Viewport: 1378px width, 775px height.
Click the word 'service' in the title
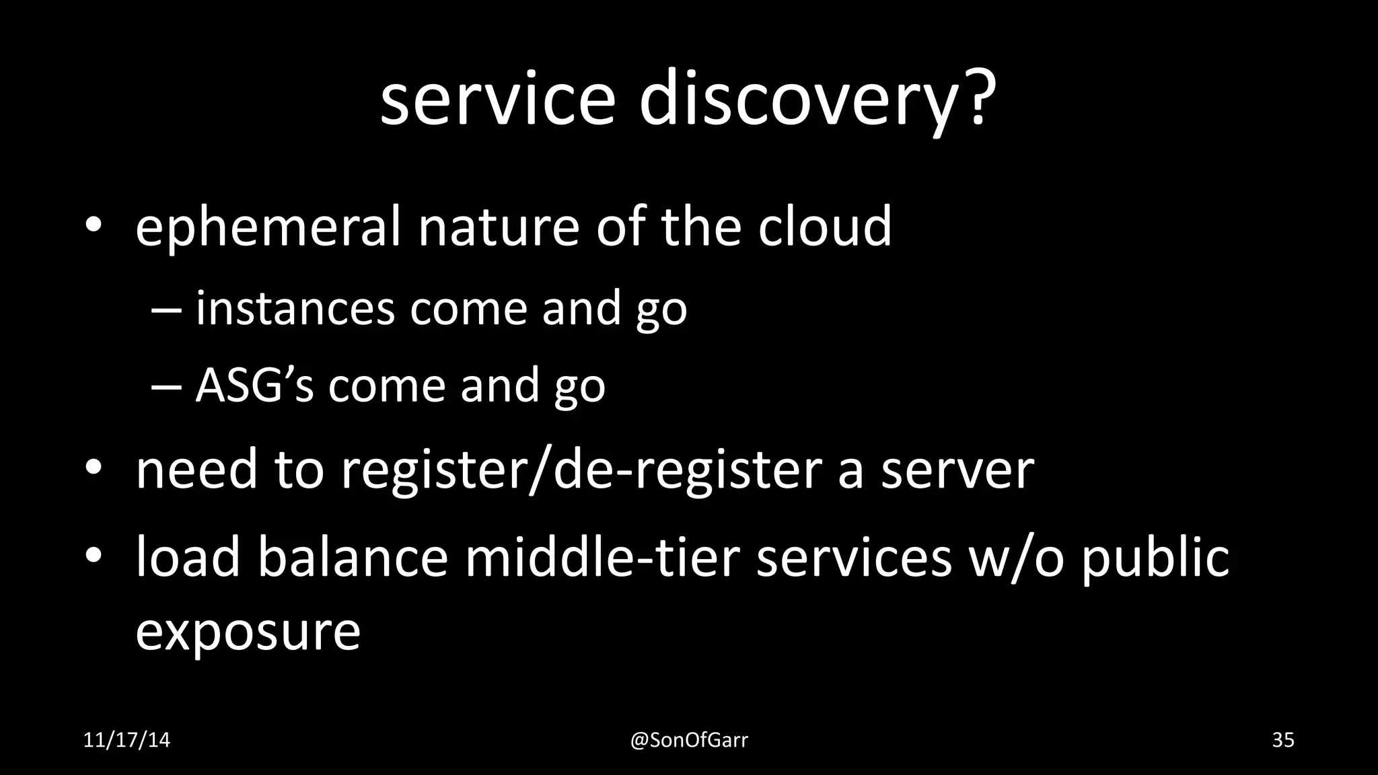(x=497, y=101)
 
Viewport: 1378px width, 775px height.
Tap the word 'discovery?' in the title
(x=817, y=101)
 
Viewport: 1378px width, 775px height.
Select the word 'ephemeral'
(x=268, y=227)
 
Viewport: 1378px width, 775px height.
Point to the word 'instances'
(x=295, y=309)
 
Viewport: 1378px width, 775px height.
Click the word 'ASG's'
(x=254, y=385)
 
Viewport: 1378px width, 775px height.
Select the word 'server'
(x=957, y=470)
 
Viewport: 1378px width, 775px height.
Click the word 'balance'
(x=353, y=558)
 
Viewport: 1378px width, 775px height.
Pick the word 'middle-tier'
(x=602, y=558)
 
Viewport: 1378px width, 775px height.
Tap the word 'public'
(x=1155, y=558)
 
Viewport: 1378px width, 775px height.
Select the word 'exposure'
(x=248, y=632)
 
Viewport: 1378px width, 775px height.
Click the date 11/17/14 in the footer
(x=126, y=741)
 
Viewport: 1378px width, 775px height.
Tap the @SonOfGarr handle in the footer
(x=688, y=741)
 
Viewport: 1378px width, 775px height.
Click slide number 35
(x=1282, y=741)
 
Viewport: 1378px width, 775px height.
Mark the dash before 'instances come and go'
(x=166, y=310)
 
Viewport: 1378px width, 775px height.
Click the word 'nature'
(x=498, y=227)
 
